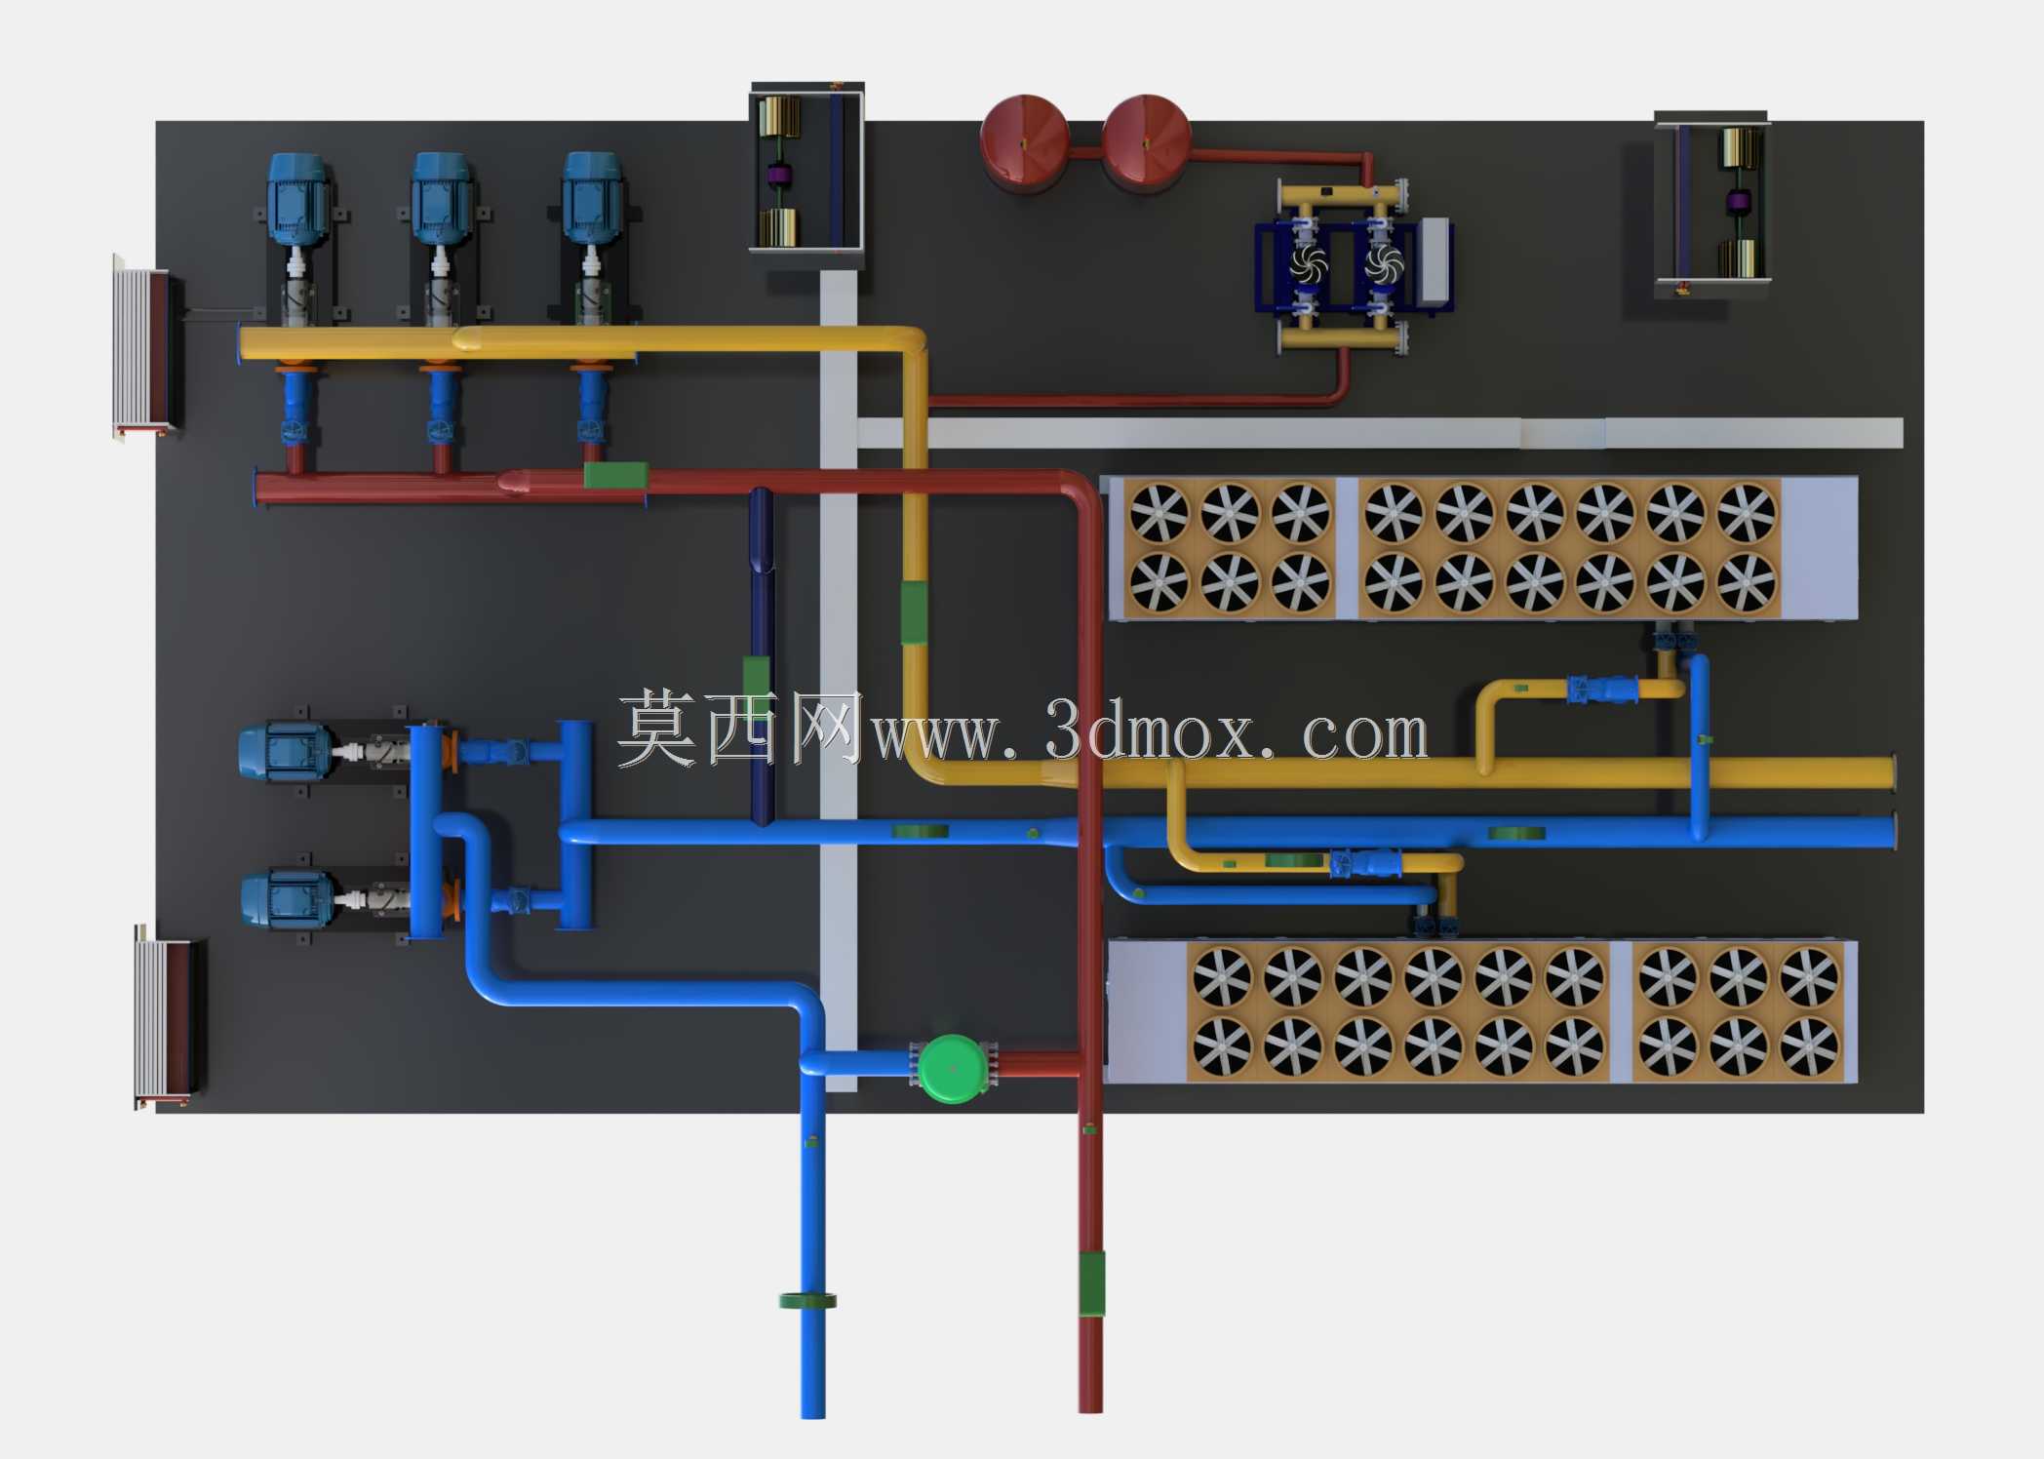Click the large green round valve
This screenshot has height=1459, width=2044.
coord(953,1069)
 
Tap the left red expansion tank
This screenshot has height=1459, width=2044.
coord(1024,140)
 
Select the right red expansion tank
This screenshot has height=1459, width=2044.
coord(1146,140)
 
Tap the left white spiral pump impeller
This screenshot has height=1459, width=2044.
coord(1308,263)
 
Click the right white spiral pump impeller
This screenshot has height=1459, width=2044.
coord(1383,263)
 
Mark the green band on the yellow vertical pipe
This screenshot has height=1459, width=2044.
coord(914,612)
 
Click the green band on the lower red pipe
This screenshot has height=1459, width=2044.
coord(1091,1283)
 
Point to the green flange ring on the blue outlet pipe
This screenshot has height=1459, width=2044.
coord(808,1300)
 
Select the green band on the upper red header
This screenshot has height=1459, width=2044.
coord(616,475)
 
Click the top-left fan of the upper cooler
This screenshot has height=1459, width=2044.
coord(1160,512)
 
